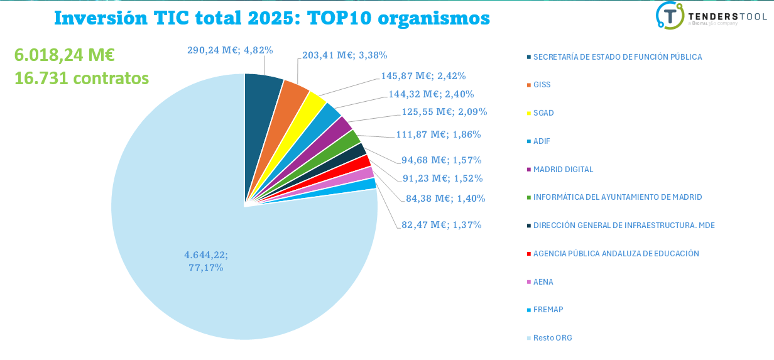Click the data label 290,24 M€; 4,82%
point(230,50)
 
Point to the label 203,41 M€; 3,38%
point(344,55)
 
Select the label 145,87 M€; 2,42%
point(423,76)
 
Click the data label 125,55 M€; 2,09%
point(444,112)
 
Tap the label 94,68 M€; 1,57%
point(441,160)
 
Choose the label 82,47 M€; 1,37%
point(441,225)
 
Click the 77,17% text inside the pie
point(206,268)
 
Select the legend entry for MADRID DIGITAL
point(563,170)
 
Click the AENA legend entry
point(543,282)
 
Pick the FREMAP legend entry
point(548,310)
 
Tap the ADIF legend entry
point(542,141)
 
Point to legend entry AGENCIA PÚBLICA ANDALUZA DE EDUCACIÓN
point(616,254)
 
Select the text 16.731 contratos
point(81,78)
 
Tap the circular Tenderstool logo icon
point(670,16)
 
